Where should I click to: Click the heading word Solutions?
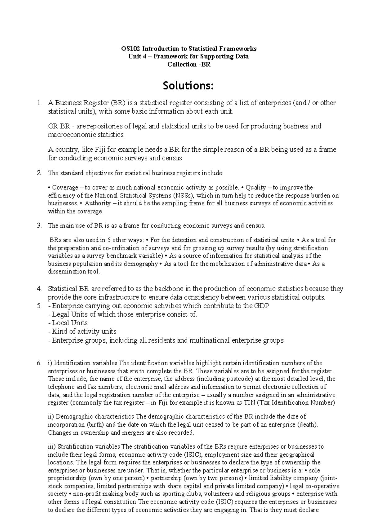[x=188, y=86]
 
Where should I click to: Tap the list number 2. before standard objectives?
[x=39, y=173]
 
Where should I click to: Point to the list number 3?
[x=39, y=226]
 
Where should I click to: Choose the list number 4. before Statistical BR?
[x=39, y=289]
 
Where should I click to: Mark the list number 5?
[x=39, y=306]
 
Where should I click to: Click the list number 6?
[x=39, y=363]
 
